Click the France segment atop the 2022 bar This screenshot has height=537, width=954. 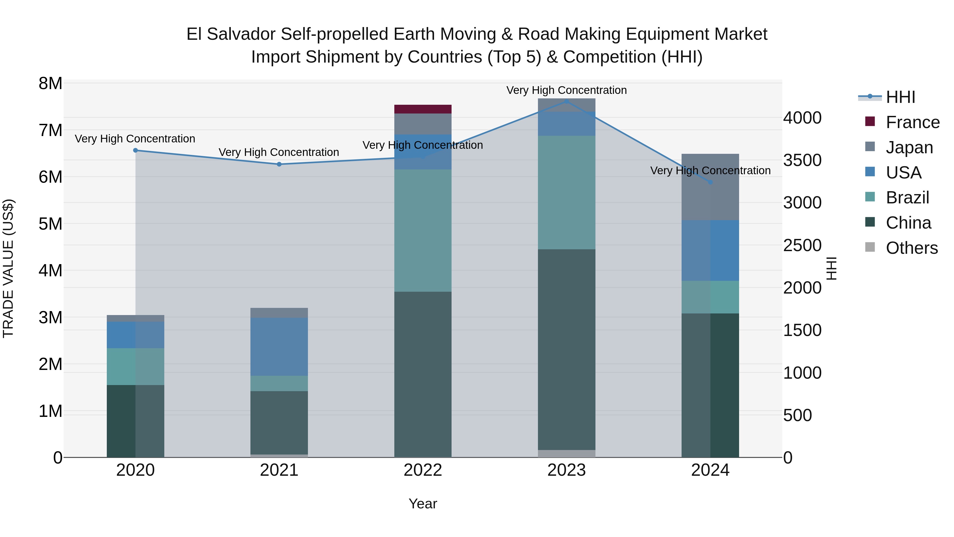coord(423,109)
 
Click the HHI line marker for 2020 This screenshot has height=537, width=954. coord(135,150)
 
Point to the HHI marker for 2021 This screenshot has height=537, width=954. coord(279,164)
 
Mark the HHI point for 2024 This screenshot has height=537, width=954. coord(710,182)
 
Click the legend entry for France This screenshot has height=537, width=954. coord(912,122)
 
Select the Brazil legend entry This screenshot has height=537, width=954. coord(907,198)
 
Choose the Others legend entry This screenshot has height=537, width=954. coord(911,248)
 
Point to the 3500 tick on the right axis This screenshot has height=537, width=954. coord(802,160)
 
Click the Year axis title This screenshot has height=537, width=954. coord(423,504)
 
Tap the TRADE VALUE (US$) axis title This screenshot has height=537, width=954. coord(8,268)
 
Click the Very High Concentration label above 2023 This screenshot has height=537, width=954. coord(566,90)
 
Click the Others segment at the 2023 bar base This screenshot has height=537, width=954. coord(566,454)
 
